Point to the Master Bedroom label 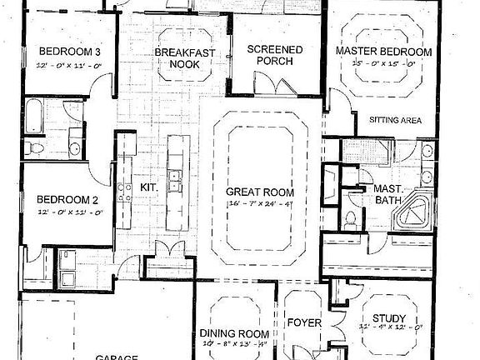point(383,52)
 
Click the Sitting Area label point(394,120)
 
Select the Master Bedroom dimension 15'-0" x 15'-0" point(383,62)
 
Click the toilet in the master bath point(351,221)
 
